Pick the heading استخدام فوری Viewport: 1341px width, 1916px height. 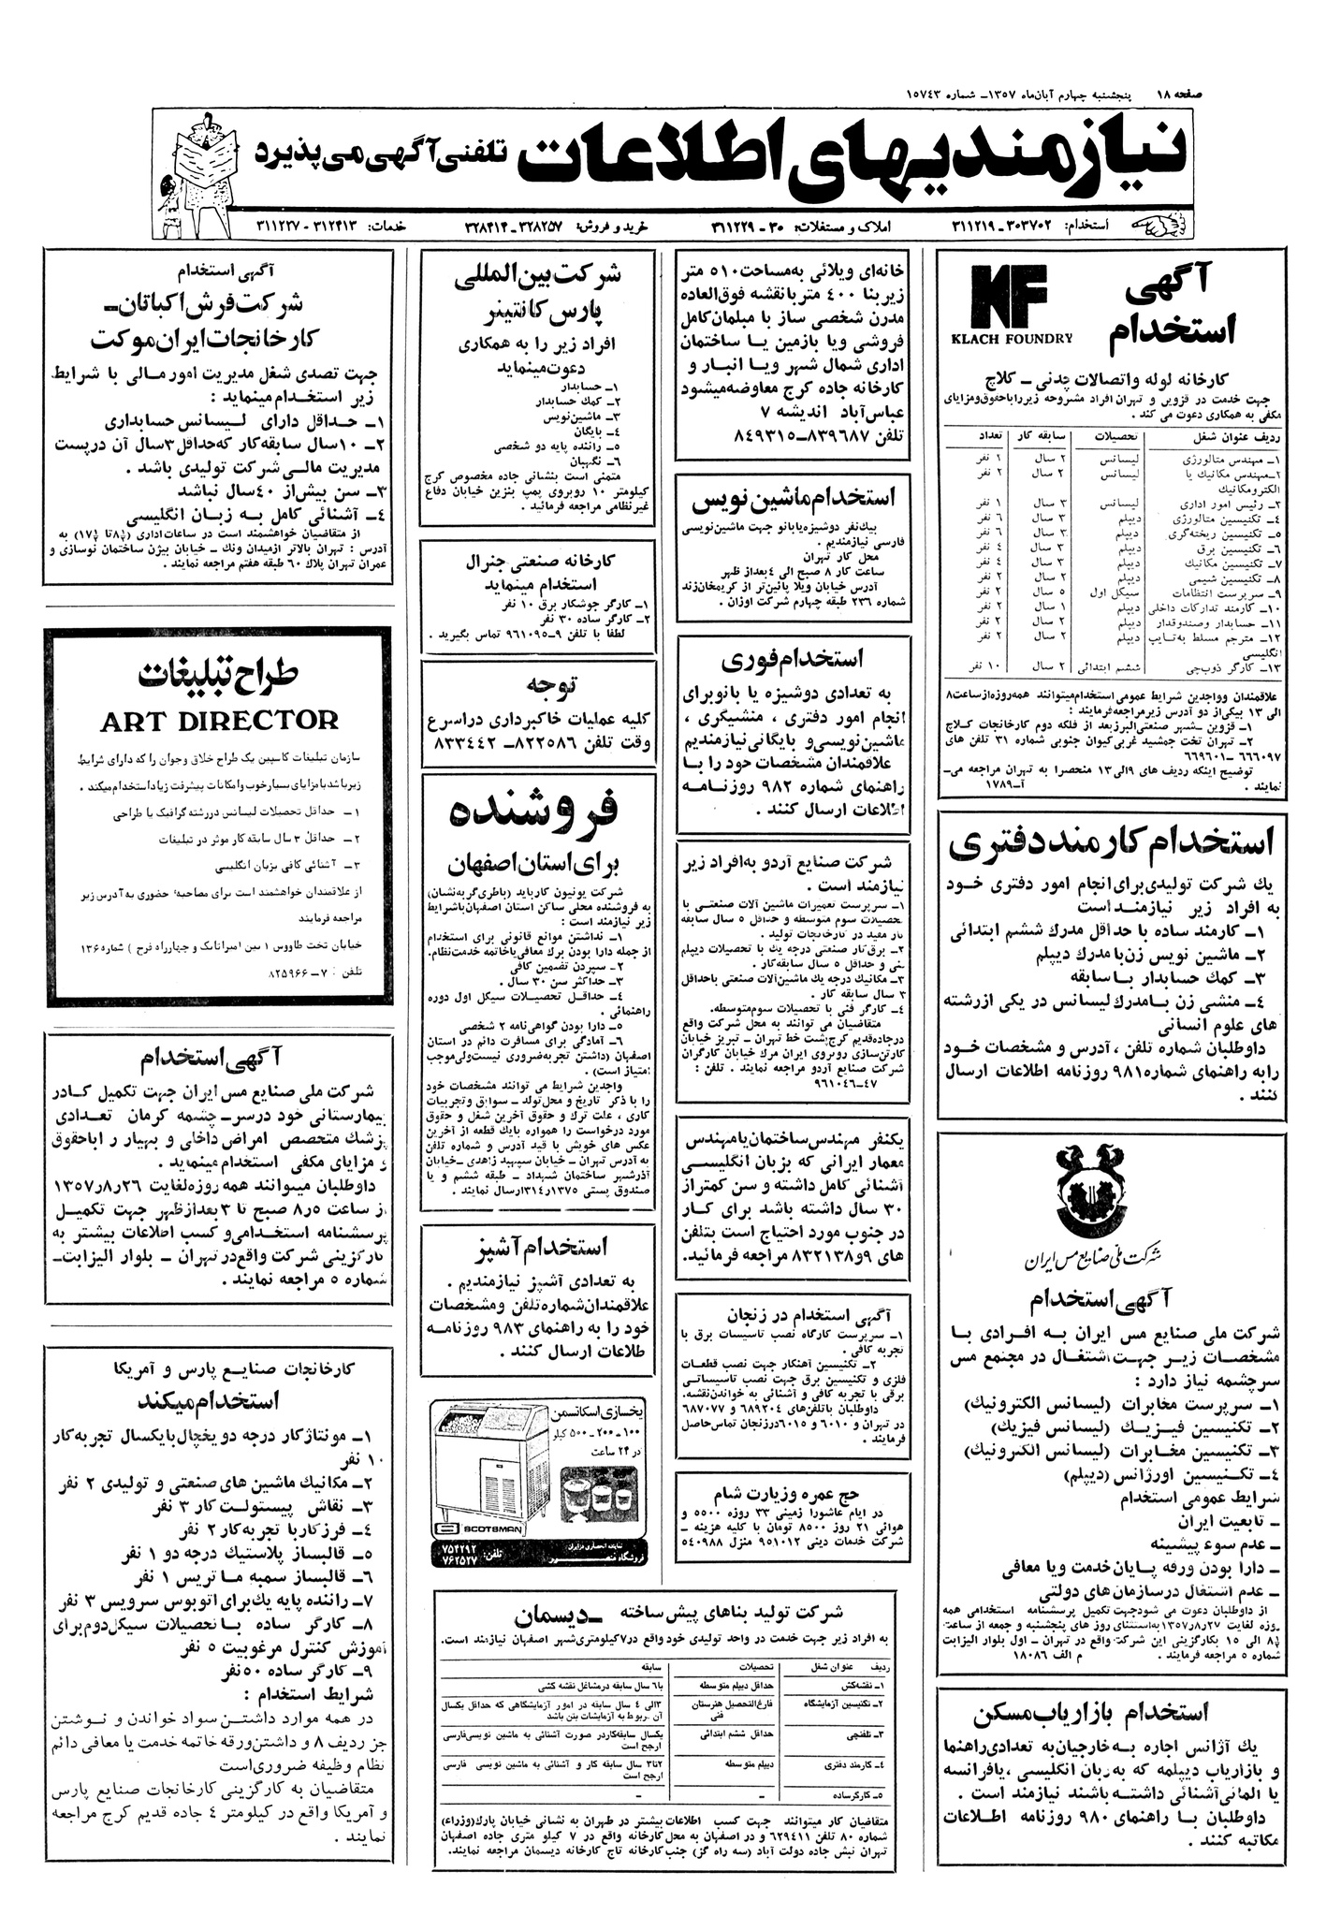(x=792, y=660)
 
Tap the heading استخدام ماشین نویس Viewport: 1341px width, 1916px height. (x=792, y=499)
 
